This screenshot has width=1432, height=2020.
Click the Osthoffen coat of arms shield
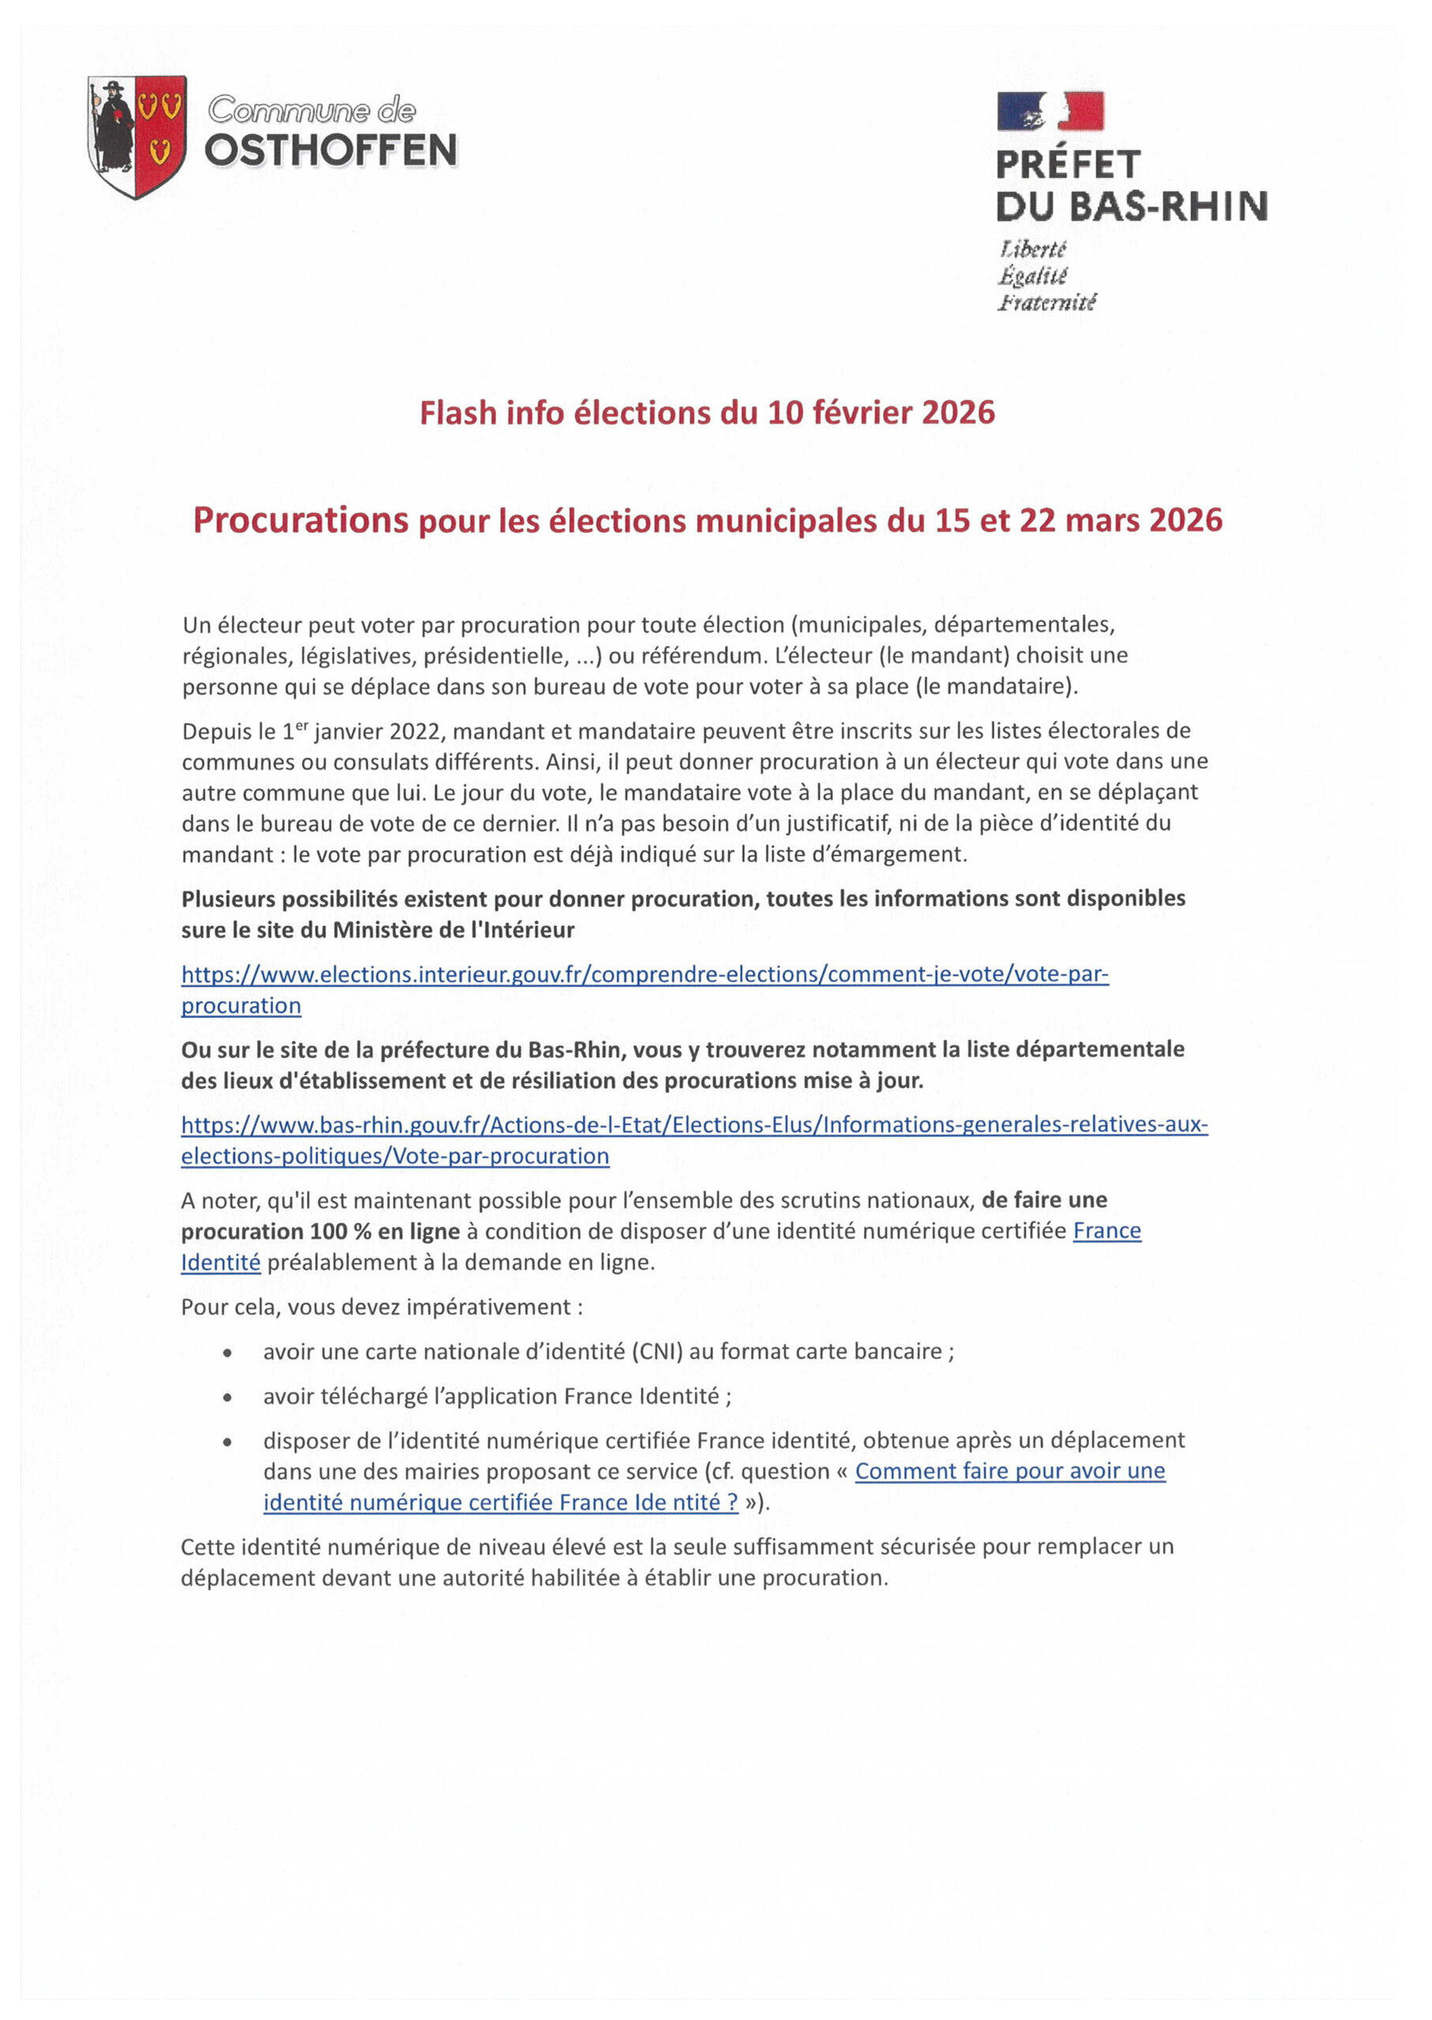click(x=136, y=136)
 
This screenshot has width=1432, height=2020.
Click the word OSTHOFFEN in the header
click(x=331, y=151)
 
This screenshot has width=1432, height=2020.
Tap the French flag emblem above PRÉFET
click(x=1049, y=111)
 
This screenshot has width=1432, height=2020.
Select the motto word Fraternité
click(x=1047, y=302)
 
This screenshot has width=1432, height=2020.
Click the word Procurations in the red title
click(x=301, y=520)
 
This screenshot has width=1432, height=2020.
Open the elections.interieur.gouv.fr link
click(x=644, y=974)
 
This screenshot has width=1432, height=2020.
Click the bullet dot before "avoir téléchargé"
click(x=228, y=1397)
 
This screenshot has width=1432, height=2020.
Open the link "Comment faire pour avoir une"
click(x=1010, y=1471)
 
